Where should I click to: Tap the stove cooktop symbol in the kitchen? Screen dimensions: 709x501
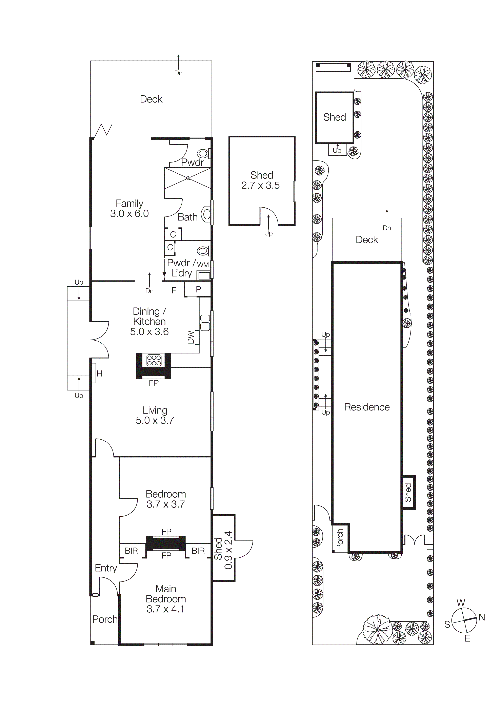(x=154, y=360)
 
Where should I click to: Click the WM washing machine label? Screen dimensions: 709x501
(x=203, y=265)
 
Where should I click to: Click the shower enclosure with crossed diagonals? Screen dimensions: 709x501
(x=188, y=178)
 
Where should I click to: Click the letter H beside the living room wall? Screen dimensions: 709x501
(x=99, y=374)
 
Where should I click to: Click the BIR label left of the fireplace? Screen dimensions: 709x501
(x=131, y=551)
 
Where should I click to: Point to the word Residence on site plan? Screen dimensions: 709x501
(x=367, y=407)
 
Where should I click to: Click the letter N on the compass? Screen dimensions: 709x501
(x=482, y=617)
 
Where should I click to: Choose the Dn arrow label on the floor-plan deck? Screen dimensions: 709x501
(x=178, y=73)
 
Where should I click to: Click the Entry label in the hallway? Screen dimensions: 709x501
(x=106, y=568)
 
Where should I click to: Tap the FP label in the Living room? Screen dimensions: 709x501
(x=153, y=383)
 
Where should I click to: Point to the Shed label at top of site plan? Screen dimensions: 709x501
(x=334, y=117)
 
